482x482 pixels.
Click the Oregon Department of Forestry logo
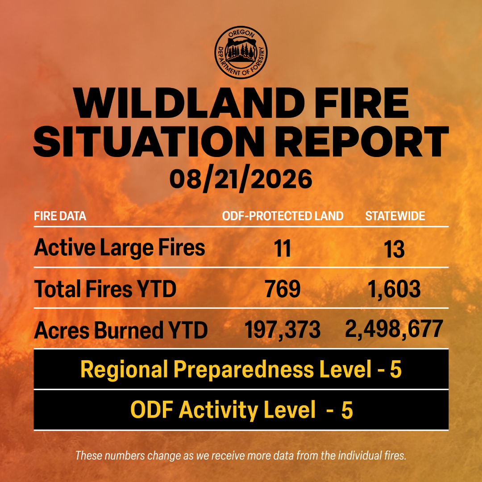point(241,52)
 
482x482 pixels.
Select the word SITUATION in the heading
point(149,141)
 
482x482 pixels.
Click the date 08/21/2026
point(241,180)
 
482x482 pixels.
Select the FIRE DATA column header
point(60,216)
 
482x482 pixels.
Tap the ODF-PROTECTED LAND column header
point(283,216)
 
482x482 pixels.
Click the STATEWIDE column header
point(395,216)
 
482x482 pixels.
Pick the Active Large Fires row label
point(120,248)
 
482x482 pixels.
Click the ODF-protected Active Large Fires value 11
point(283,249)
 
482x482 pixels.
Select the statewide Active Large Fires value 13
point(394,249)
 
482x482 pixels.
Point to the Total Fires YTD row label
point(105,289)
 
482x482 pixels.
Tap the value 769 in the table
point(283,289)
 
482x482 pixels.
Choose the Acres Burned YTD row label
point(121,330)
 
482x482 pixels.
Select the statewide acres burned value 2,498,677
point(394,329)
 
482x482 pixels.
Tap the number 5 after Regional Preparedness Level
point(396,370)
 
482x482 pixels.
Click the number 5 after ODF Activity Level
point(347,410)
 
